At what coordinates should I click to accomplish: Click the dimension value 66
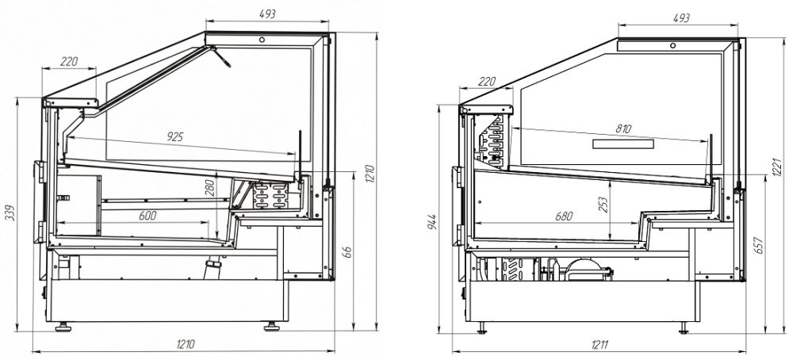click(347, 253)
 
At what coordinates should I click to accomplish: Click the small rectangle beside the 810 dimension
click(623, 144)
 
